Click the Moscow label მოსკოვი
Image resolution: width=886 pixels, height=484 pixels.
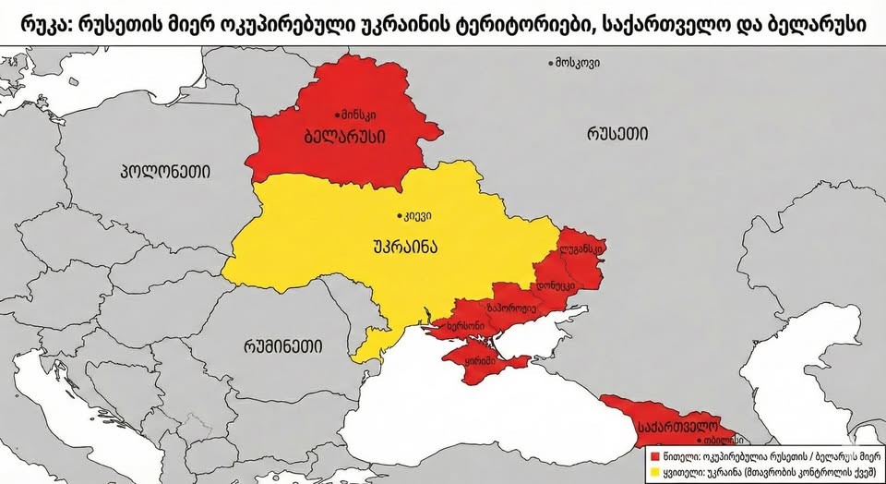581,63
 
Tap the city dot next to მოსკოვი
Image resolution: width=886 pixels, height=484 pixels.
552,63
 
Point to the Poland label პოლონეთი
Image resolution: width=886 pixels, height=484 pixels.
165,171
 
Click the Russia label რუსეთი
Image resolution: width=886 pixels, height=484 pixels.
616,134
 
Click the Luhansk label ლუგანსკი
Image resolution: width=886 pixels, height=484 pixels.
581,249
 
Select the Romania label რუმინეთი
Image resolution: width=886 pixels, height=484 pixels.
283,346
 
